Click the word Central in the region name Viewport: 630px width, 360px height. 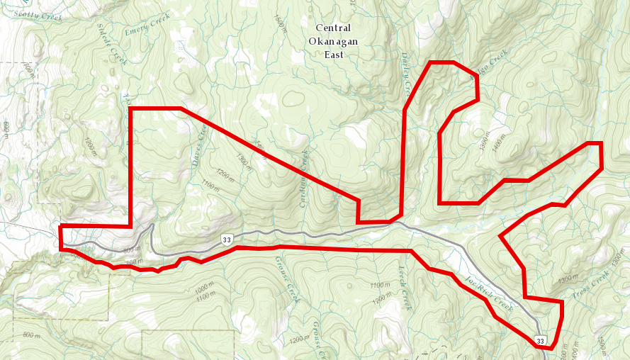point(333,28)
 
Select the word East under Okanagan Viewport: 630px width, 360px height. point(332,55)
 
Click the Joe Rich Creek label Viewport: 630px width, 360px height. point(489,290)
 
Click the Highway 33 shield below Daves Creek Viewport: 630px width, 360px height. point(226,240)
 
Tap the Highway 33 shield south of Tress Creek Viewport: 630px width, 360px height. point(541,341)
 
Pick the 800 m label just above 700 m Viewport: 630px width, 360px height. point(132,250)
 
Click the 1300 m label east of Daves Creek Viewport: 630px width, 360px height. point(243,162)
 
